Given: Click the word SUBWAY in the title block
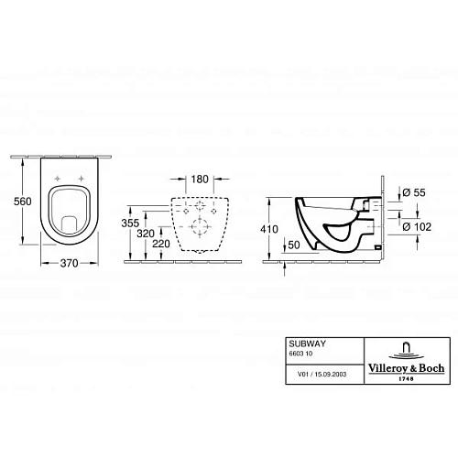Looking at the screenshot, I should tap(306, 343).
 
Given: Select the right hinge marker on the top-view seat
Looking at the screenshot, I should tap(82, 179).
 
